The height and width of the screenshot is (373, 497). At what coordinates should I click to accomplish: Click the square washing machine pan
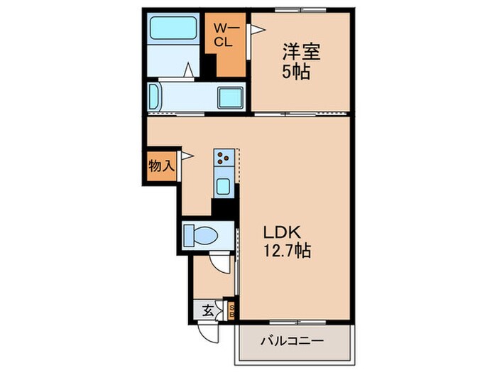pyautogui.click(x=230, y=97)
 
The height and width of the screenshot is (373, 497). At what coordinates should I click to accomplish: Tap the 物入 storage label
pyautogui.click(x=160, y=166)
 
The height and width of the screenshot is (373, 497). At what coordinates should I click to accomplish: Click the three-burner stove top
pyautogui.click(x=224, y=158)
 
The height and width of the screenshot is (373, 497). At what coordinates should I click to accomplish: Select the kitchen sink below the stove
pyautogui.click(x=223, y=187)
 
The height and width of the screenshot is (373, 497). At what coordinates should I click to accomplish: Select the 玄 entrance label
pyautogui.click(x=207, y=310)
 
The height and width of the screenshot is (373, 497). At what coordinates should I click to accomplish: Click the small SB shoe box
pyautogui.click(x=231, y=310)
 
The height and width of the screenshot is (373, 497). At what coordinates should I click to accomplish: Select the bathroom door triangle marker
pyautogui.click(x=190, y=70)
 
